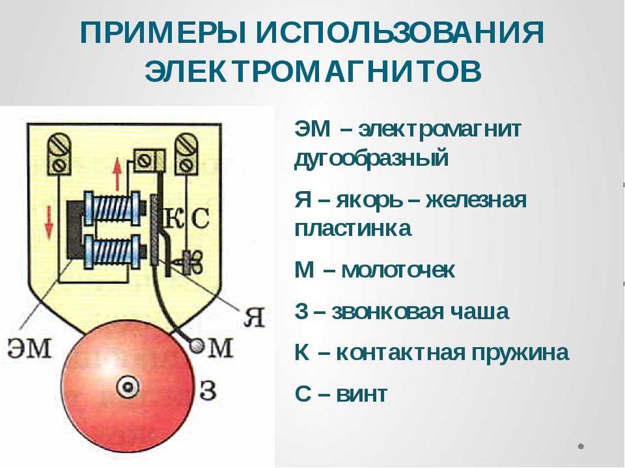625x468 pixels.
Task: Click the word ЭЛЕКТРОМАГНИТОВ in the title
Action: pos(313,71)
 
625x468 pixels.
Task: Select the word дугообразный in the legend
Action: pos(372,159)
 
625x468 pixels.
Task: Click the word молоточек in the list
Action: pos(398,270)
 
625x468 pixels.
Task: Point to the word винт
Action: pos(362,395)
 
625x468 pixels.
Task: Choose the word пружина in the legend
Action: pos(520,353)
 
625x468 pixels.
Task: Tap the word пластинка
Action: pos(353,229)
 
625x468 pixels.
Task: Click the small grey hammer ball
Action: pos(196,345)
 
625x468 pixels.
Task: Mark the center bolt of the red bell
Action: pos(128,386)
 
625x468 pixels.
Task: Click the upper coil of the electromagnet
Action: pos(112,209)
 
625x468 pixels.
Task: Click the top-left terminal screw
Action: pos(59,155)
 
